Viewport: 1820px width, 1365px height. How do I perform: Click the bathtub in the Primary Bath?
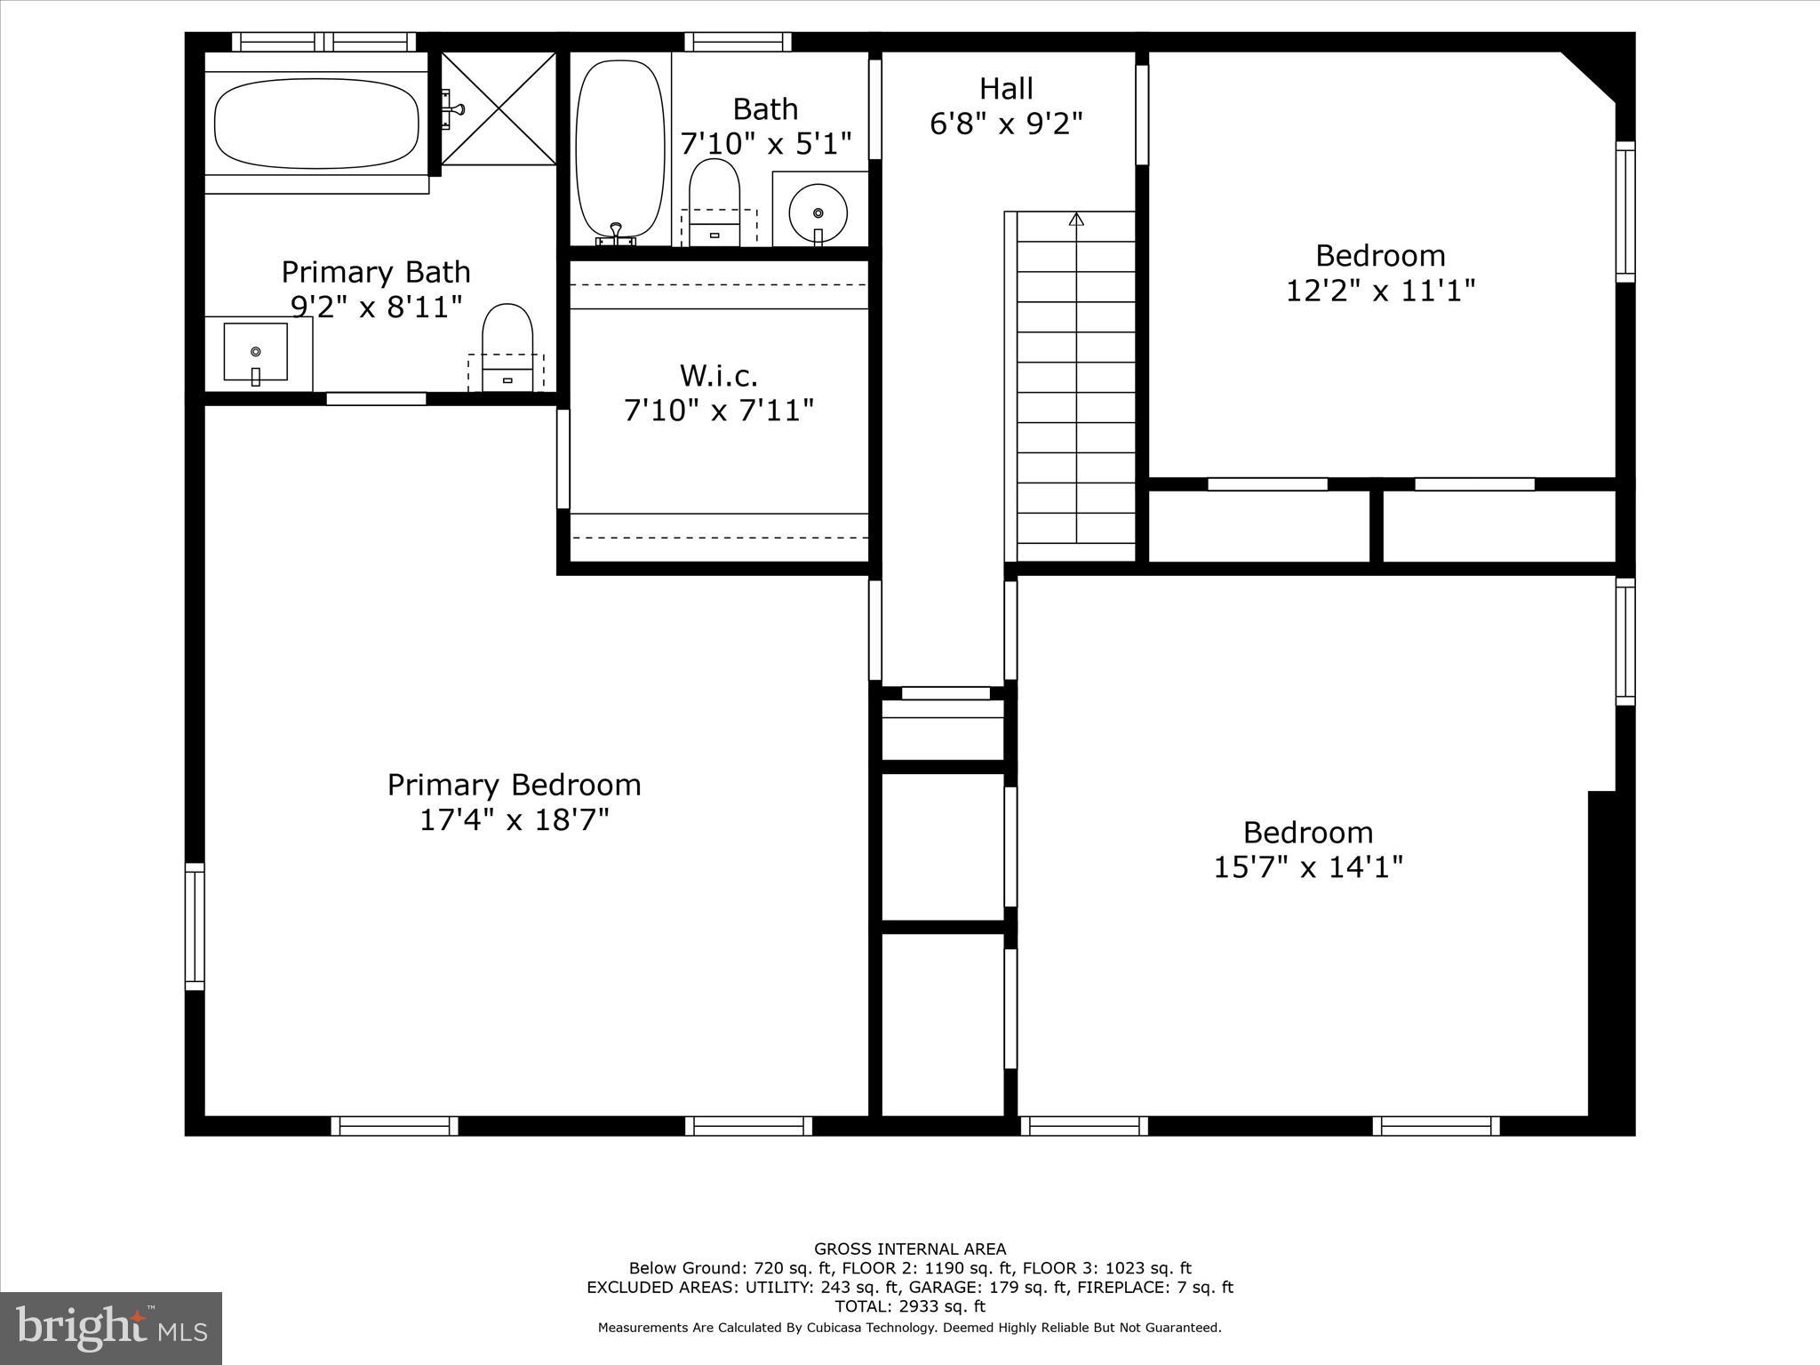pos(316,124)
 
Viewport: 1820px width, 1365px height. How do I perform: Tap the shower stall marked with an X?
pos(499,108)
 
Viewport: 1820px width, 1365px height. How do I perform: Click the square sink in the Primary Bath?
pos(256,353)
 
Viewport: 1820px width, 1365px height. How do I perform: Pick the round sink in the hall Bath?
pos(818,213)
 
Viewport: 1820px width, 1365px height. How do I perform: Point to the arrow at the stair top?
pos(1076,219)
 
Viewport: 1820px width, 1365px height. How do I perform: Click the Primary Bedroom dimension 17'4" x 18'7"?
pos(514,819)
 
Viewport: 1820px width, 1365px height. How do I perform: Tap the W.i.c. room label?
pos(719,376)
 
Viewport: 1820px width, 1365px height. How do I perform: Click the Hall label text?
pos(1006,89)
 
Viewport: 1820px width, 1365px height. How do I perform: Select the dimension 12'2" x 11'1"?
pos(1380,291)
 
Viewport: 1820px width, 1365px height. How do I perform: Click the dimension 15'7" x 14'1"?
pos(1308,866)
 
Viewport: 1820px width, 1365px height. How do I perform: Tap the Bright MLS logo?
pos(111,1328)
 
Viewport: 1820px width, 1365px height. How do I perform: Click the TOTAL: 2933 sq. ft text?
pos(910,1306)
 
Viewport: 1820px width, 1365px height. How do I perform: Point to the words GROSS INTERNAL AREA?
pos(910,1249)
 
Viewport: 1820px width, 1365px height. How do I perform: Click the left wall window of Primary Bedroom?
pos(195,926)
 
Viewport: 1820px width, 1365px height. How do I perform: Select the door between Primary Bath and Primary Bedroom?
pos(376,399)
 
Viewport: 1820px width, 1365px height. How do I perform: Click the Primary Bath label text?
pos(376,272)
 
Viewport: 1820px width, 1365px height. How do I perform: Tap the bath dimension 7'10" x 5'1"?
pos(765,143)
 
